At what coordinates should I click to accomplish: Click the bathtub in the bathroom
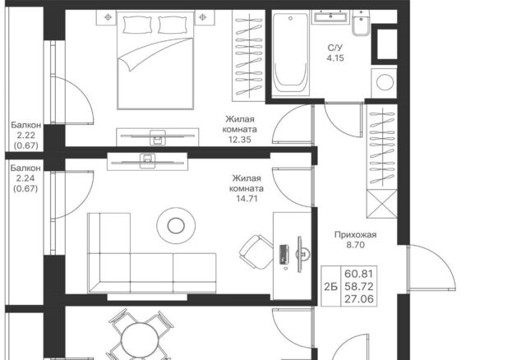[290, 54]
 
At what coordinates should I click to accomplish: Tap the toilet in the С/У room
[361, 23]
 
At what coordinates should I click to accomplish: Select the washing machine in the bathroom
[384, 83]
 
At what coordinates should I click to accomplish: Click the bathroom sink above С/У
[330, 16]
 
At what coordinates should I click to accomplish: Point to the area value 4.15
[335, 58]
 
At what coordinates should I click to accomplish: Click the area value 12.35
[239, 140]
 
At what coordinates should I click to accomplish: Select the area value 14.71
[247, 199]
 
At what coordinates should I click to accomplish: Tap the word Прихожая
[355, 235]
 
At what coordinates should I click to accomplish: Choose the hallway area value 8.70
[355, 245]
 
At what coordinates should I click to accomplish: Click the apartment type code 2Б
[330, 287]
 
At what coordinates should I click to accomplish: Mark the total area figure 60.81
[358, 275]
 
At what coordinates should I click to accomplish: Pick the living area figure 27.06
[358, 299]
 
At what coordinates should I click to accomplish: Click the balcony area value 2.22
[25, 136]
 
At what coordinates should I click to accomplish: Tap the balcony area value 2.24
[25, 178]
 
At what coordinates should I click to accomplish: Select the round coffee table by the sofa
[176, 225]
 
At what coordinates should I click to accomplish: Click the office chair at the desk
[256, 252]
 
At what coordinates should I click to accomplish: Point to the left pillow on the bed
[137, 25]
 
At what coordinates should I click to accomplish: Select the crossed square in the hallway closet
[381, 204]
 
